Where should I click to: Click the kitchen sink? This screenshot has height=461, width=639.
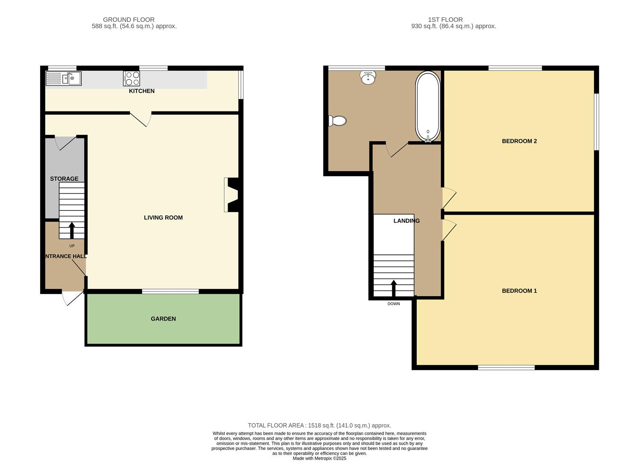[x=64, y=79]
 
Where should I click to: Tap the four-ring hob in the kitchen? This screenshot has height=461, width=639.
[x=132, y=79]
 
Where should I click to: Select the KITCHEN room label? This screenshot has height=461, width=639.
[x=142, y=91]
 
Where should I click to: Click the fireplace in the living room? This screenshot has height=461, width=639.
[x=232, y=195]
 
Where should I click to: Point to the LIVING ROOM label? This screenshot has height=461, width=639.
[x=163, y=218]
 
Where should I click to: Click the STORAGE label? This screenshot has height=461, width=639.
[x=64, y=179]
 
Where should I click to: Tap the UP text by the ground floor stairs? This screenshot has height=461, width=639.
[x=72, y=246]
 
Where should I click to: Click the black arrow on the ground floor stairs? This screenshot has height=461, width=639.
[x=72, y=230]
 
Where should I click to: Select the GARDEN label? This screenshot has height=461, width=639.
[x=163, y=319]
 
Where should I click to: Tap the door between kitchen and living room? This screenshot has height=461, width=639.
[x=141, y=120]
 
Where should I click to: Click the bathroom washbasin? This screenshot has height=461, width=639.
[x=368, y=78]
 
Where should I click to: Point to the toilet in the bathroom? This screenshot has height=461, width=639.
[x=337, y=121]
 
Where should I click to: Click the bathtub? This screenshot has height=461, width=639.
[x=428, y=107]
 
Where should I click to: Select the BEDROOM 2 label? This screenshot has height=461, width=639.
[x=519, y=141]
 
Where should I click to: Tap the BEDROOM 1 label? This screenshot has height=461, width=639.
[x=519, y=291]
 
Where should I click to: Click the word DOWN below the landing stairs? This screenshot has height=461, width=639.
[x=394, y=304]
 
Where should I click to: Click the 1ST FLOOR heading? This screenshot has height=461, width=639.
[x=446, y=20]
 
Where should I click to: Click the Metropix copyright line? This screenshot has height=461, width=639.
[x=319, y=458]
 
